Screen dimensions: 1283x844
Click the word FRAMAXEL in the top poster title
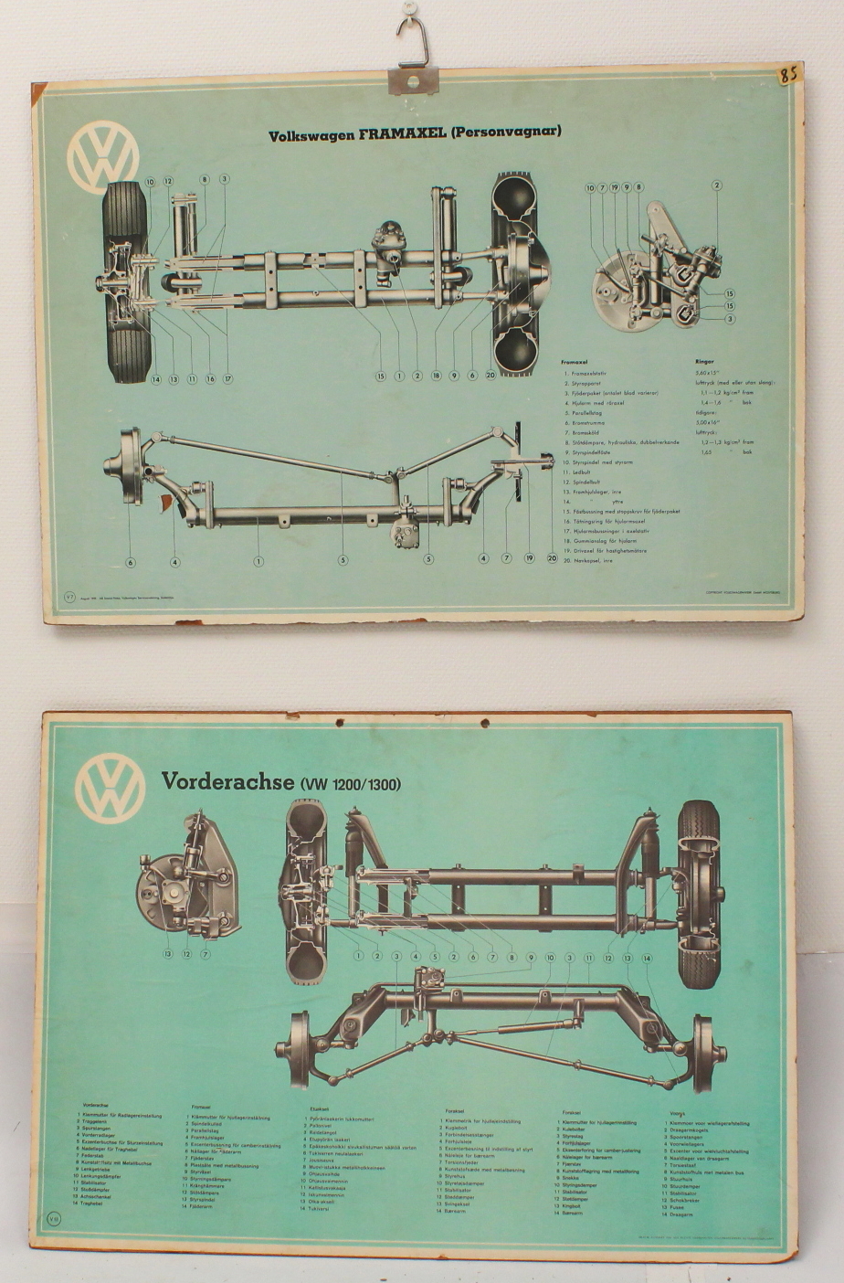[401, 133]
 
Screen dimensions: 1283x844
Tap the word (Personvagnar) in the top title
[506, 132]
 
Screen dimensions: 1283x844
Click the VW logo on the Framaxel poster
[103, 157]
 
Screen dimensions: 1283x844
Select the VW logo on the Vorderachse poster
[111, 788]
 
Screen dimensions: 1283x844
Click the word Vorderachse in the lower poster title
[227, 781]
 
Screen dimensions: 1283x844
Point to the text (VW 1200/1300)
[350, 784]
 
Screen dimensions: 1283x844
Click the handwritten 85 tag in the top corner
[788, 74]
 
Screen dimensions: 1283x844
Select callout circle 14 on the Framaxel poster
[156, 379]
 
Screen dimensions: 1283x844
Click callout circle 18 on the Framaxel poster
[436, 376]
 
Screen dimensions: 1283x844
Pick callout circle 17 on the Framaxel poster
[227, 379]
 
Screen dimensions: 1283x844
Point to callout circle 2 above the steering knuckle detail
[717, 186]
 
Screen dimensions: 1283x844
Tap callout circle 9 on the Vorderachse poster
[531, 957]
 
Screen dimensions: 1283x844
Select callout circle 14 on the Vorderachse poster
[647, 958]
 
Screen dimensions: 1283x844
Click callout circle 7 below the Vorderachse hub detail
[206, 954]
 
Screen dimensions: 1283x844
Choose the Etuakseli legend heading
[319, 1108]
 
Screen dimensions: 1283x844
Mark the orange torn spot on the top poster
[166, 502]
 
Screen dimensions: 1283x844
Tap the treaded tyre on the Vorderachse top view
[699, 896]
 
